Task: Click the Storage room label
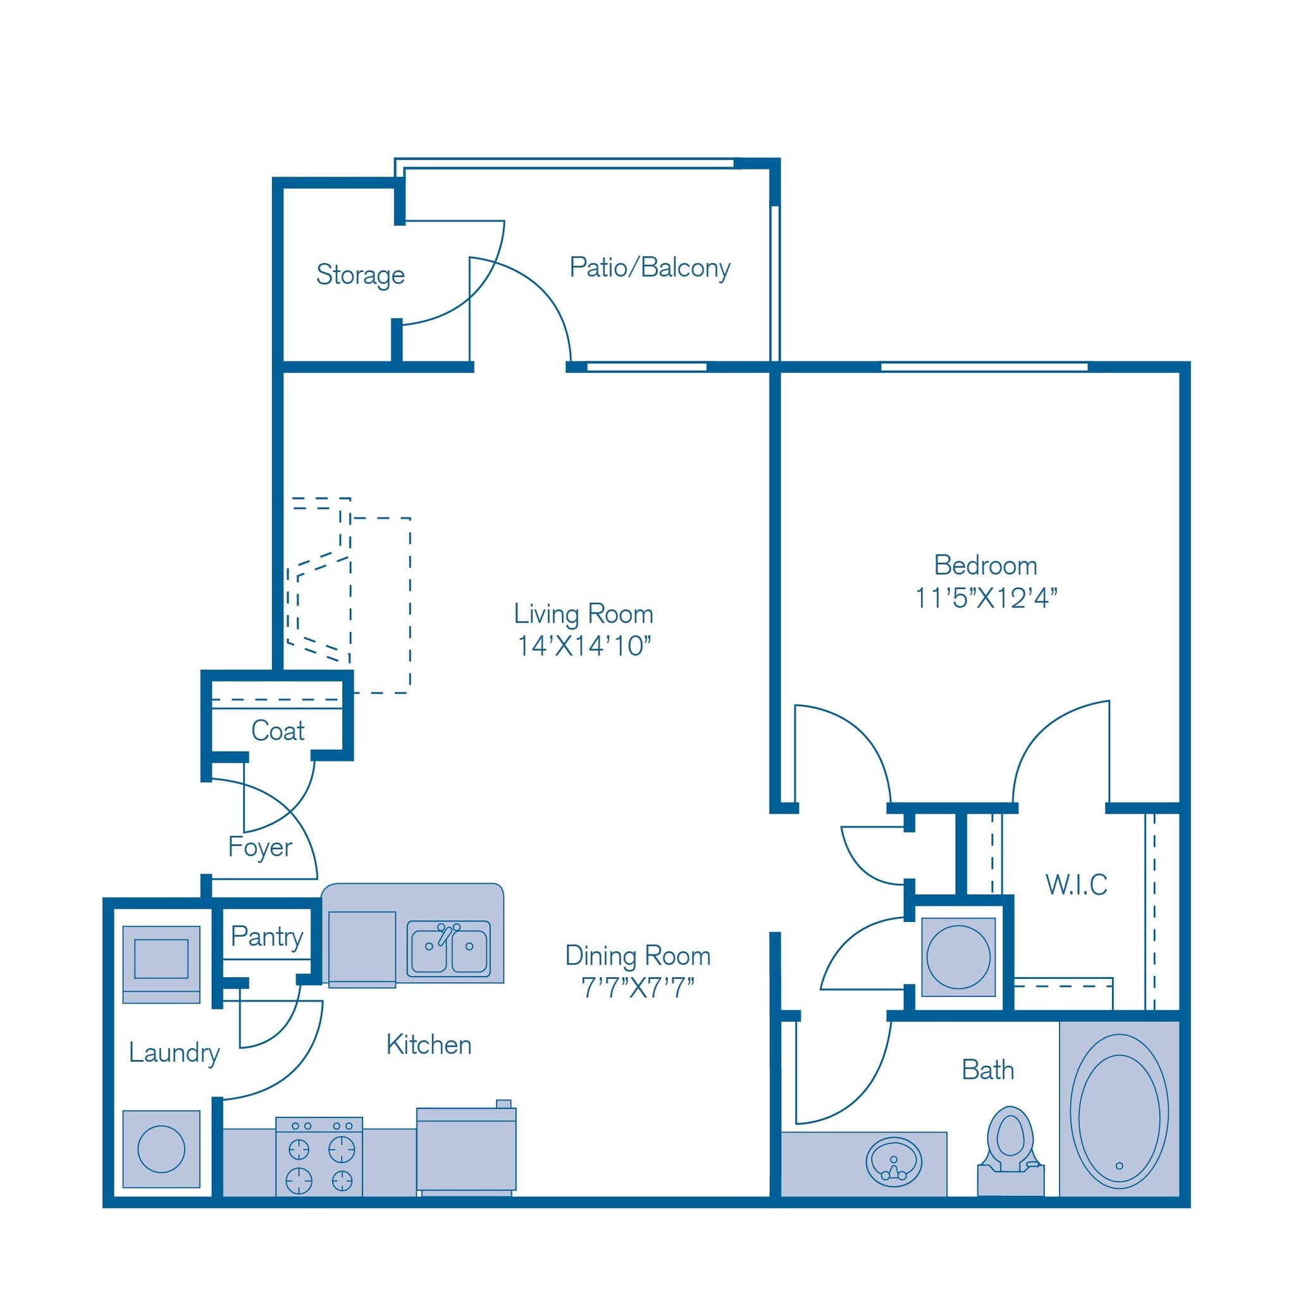coord(360,275)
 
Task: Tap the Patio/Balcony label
coord(649,268)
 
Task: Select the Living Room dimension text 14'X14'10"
coord(583,646)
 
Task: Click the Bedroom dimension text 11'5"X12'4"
coord(985,597)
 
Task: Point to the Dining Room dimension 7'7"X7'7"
coord(637,988)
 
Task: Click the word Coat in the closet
coord(278,731)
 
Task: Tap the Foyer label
coord(260,847)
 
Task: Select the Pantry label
coord(267,937)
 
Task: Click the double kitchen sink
coord(448,949)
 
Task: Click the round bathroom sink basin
coord(893,1161)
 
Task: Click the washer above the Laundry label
coord(161,964)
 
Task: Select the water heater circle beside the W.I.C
coord(958,957)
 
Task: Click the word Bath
coord(987,1071)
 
